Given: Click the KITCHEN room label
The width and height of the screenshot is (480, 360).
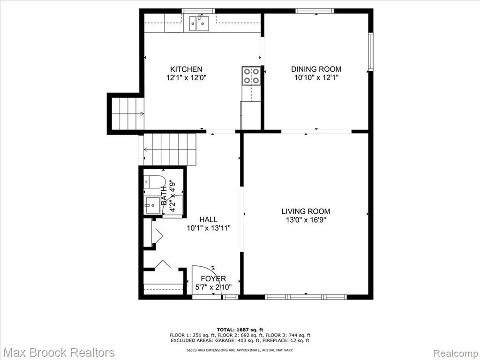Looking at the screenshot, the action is (x=186, y=69).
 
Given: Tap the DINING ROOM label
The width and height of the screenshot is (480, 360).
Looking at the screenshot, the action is (x=316, y=69).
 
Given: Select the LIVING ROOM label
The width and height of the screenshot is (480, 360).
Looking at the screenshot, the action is (x=306, y=211).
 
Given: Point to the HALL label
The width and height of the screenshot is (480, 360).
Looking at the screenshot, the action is (x=209, y=219).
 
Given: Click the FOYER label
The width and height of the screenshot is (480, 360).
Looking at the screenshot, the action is (x=213, y=278).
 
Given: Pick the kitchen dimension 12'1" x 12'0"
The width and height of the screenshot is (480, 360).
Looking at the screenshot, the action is (x=187, y=78).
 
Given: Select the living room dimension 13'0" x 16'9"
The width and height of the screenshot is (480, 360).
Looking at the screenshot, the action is (x=306, y=220).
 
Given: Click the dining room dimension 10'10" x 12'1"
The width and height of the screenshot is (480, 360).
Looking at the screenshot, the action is (x=316, y=78).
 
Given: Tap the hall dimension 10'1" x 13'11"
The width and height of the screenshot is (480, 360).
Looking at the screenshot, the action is (x=209, y=228).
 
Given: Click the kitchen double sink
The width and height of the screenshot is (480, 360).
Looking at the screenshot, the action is (x=199, y=23).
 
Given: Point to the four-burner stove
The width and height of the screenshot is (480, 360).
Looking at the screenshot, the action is (x=251, y=75).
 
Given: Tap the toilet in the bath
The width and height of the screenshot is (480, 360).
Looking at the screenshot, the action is (x=154, y=182).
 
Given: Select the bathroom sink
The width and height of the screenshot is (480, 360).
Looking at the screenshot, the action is (x=152, y=206).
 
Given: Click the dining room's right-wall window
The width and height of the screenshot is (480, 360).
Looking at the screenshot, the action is (x=371, y=52).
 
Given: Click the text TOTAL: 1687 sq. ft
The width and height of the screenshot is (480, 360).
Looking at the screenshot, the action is (x=240, y=330).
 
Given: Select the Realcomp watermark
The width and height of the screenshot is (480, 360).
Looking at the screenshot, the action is (x=456, y=352).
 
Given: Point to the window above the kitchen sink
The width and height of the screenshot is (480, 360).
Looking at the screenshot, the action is (x=198, y=11).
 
